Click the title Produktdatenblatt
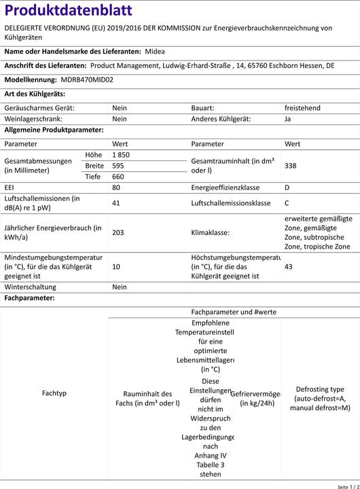point(68,10)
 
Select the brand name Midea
point(155,51)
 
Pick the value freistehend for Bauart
point(302,108)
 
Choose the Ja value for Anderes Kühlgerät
point(288,118)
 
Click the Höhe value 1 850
point(121,155)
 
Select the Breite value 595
point(118,166)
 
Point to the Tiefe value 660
point(118,177)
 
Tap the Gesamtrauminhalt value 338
point(290,166)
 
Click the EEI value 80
point(116,187)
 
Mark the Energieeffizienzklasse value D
point(287,187)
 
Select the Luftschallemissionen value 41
point(116,202)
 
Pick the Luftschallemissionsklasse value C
point(287,202)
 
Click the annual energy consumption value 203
point(118,232)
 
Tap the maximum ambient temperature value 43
point(289,267)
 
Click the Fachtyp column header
point(54,393)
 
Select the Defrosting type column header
point(319,399)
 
